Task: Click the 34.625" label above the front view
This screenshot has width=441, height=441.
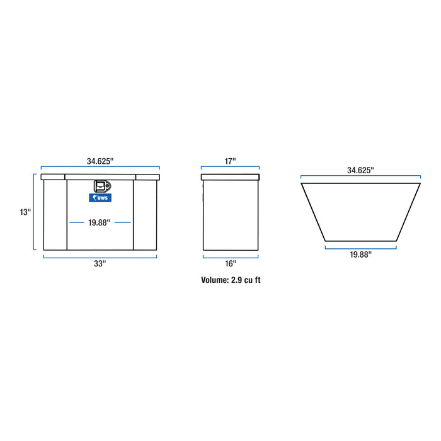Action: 100,161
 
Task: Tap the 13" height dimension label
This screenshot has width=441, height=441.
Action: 25,212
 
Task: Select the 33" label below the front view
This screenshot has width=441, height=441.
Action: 100,264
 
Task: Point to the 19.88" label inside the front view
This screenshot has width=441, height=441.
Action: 100,222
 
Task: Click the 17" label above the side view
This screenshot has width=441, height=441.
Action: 230,161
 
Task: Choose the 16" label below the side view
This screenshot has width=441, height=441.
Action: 230,264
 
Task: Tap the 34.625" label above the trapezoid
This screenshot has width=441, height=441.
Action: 360,170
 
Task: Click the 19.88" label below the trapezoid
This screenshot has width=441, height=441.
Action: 360,255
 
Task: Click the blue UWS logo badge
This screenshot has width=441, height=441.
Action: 100,198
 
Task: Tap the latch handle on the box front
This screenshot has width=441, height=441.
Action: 101,186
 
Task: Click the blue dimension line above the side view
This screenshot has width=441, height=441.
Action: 230,169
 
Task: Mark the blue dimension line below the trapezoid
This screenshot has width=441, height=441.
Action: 360,247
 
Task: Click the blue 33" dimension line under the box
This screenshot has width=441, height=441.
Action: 100,256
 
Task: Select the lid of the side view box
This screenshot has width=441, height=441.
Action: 230,177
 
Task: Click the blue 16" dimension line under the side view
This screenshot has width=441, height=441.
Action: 230,256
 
